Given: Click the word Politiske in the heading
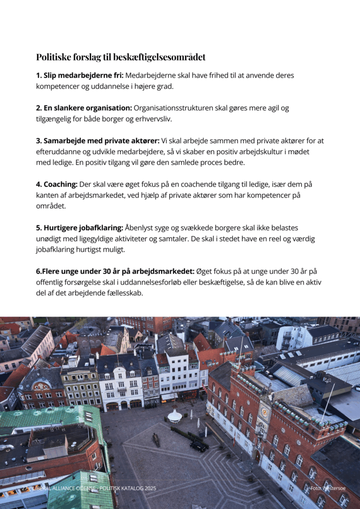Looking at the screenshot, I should pos(53,57).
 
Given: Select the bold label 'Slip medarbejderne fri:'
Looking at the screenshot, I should pos(80,76).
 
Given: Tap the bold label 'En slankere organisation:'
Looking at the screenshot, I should pos(84,108).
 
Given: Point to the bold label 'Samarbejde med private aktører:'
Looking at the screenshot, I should pos(97,141).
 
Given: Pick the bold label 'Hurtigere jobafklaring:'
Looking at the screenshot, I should pos(80,228).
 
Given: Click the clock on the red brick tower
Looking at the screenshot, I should pos(264,412).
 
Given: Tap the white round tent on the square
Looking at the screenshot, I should pos(175,416).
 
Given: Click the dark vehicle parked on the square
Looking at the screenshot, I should pos(198,446).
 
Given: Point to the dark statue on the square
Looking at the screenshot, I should pos(156,439).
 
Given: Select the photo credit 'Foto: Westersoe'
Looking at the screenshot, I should pos(329,489).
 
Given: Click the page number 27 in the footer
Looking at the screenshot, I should pos(24,489).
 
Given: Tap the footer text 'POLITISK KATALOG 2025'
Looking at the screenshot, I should pos(128,489).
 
